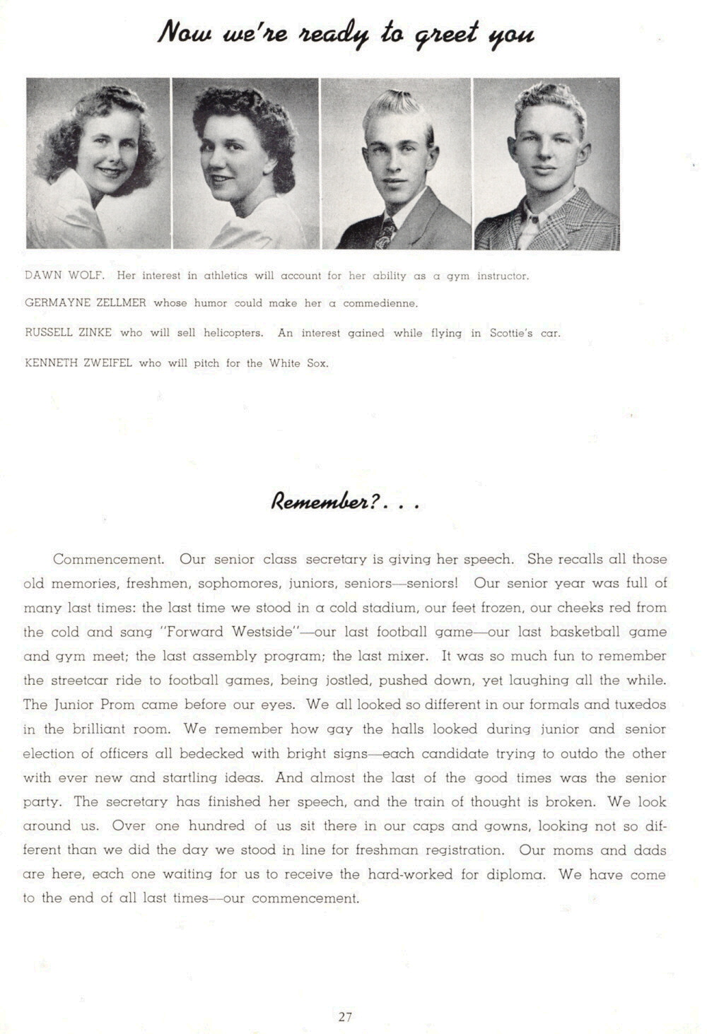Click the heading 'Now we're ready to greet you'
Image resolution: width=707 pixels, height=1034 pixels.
coord(346,33)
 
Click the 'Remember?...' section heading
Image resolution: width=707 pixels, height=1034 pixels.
coord(346,503)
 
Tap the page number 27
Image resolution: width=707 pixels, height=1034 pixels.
coord(345,1016)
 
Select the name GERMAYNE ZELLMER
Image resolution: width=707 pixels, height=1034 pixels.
coord(86,302)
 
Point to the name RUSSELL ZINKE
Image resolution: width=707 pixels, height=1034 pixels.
coord(68,332)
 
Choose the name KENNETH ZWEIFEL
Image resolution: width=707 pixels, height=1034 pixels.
coord(78,363)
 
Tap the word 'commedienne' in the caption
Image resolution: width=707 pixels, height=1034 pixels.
coord(380,303)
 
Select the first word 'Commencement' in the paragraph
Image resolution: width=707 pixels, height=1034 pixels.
coord(108,559)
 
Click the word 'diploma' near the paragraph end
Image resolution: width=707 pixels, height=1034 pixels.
coord(516,874)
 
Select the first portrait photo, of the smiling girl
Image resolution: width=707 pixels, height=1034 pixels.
coord(98,163)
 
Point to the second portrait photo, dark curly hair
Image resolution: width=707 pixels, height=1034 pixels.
coord(245,163)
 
